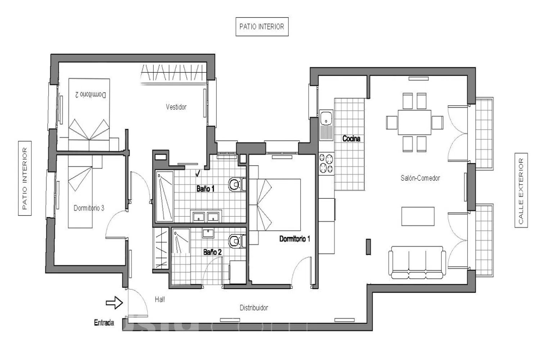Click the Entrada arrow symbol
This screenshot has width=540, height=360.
point(114,303)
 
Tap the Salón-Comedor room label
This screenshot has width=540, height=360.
point(420,178)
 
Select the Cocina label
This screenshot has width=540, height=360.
point(351,139)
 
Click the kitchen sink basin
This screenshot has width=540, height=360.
point(326,118)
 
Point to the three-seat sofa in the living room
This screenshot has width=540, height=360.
point(417,262)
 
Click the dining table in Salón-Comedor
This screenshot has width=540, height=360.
point(414,122)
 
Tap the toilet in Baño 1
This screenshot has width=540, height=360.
point(237,185)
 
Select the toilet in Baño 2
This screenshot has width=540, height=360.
point(237,241)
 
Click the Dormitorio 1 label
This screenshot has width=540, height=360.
point(294,239)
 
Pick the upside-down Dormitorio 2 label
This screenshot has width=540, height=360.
point(91,95)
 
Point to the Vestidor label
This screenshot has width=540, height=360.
point(176,107)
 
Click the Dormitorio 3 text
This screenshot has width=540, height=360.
point(89,208)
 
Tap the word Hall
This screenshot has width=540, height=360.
point(160,300)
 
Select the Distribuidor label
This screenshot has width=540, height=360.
point(254,308)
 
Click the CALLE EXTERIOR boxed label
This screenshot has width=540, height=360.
point(521,190)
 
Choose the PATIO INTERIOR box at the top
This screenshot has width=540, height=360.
point(262,27)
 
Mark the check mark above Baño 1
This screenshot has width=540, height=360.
point(198,173)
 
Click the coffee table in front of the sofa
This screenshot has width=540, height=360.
point(418,216)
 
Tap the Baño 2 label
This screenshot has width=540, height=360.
point(212,252)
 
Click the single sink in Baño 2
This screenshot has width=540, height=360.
point(208,233)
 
